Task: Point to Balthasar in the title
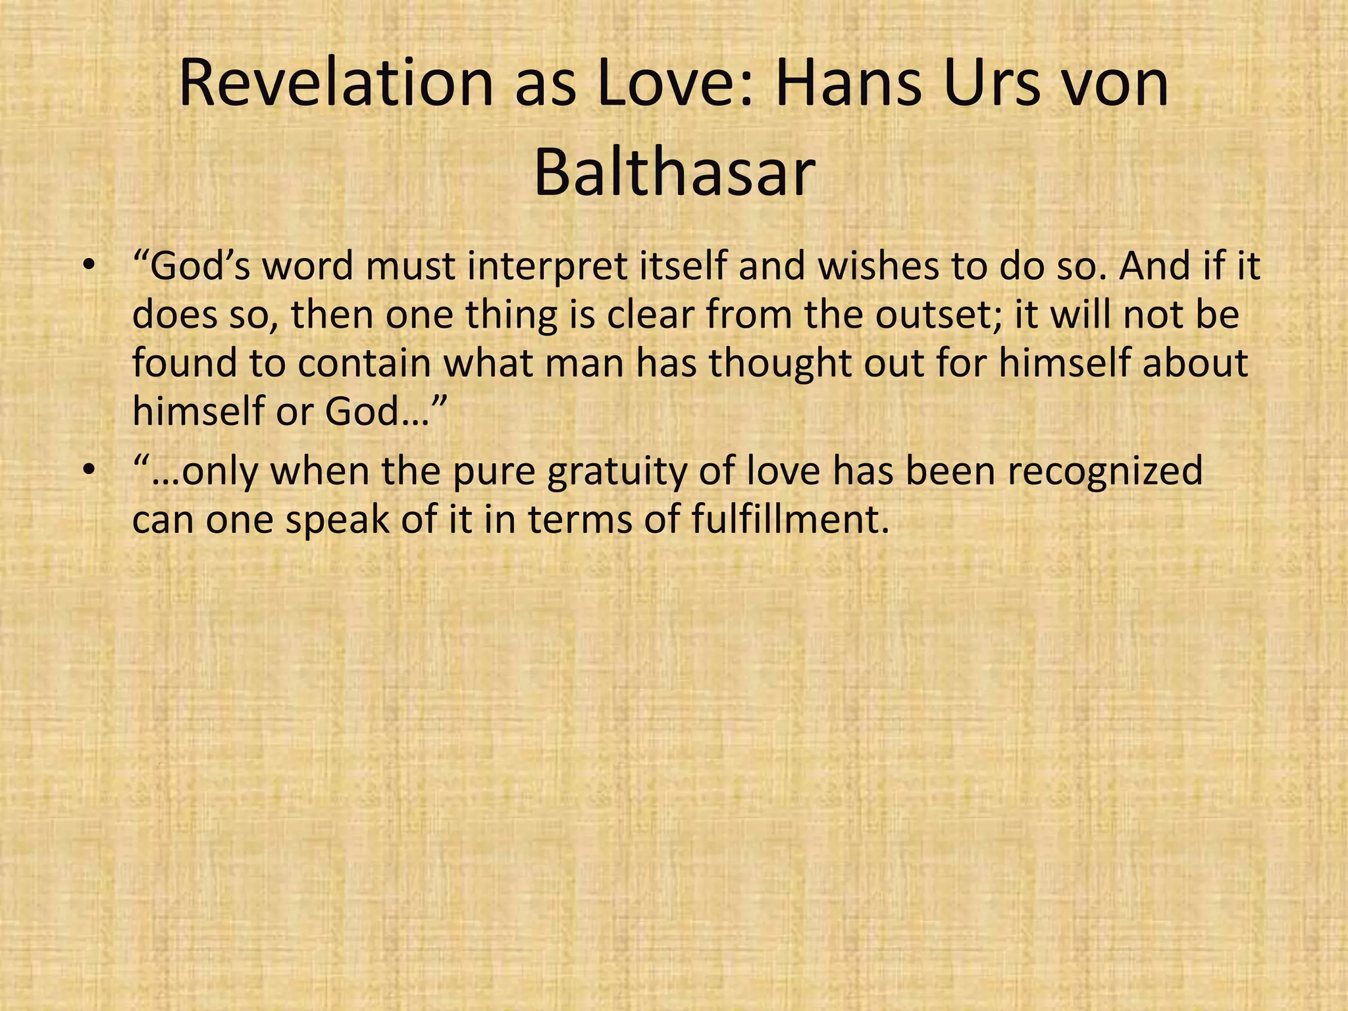click(x=674, y=173)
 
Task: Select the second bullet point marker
click(x=90, y=471)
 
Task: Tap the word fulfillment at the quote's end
click(x=786, y=520)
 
